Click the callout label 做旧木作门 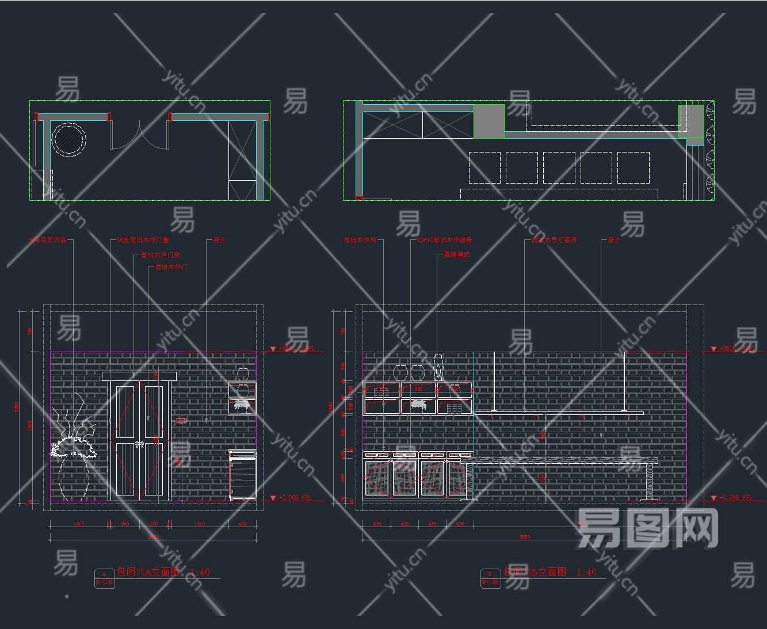171,267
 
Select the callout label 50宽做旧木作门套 143,240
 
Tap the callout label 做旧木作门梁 161,254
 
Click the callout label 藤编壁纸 457,254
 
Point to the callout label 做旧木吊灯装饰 554,240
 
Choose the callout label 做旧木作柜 360,240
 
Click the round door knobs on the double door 138,444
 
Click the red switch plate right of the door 181,421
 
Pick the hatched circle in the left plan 69,139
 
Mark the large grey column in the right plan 489,121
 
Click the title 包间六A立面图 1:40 163,572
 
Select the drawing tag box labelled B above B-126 490,574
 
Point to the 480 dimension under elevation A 242,524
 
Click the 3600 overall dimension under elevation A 154,537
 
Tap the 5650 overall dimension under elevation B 524,537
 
